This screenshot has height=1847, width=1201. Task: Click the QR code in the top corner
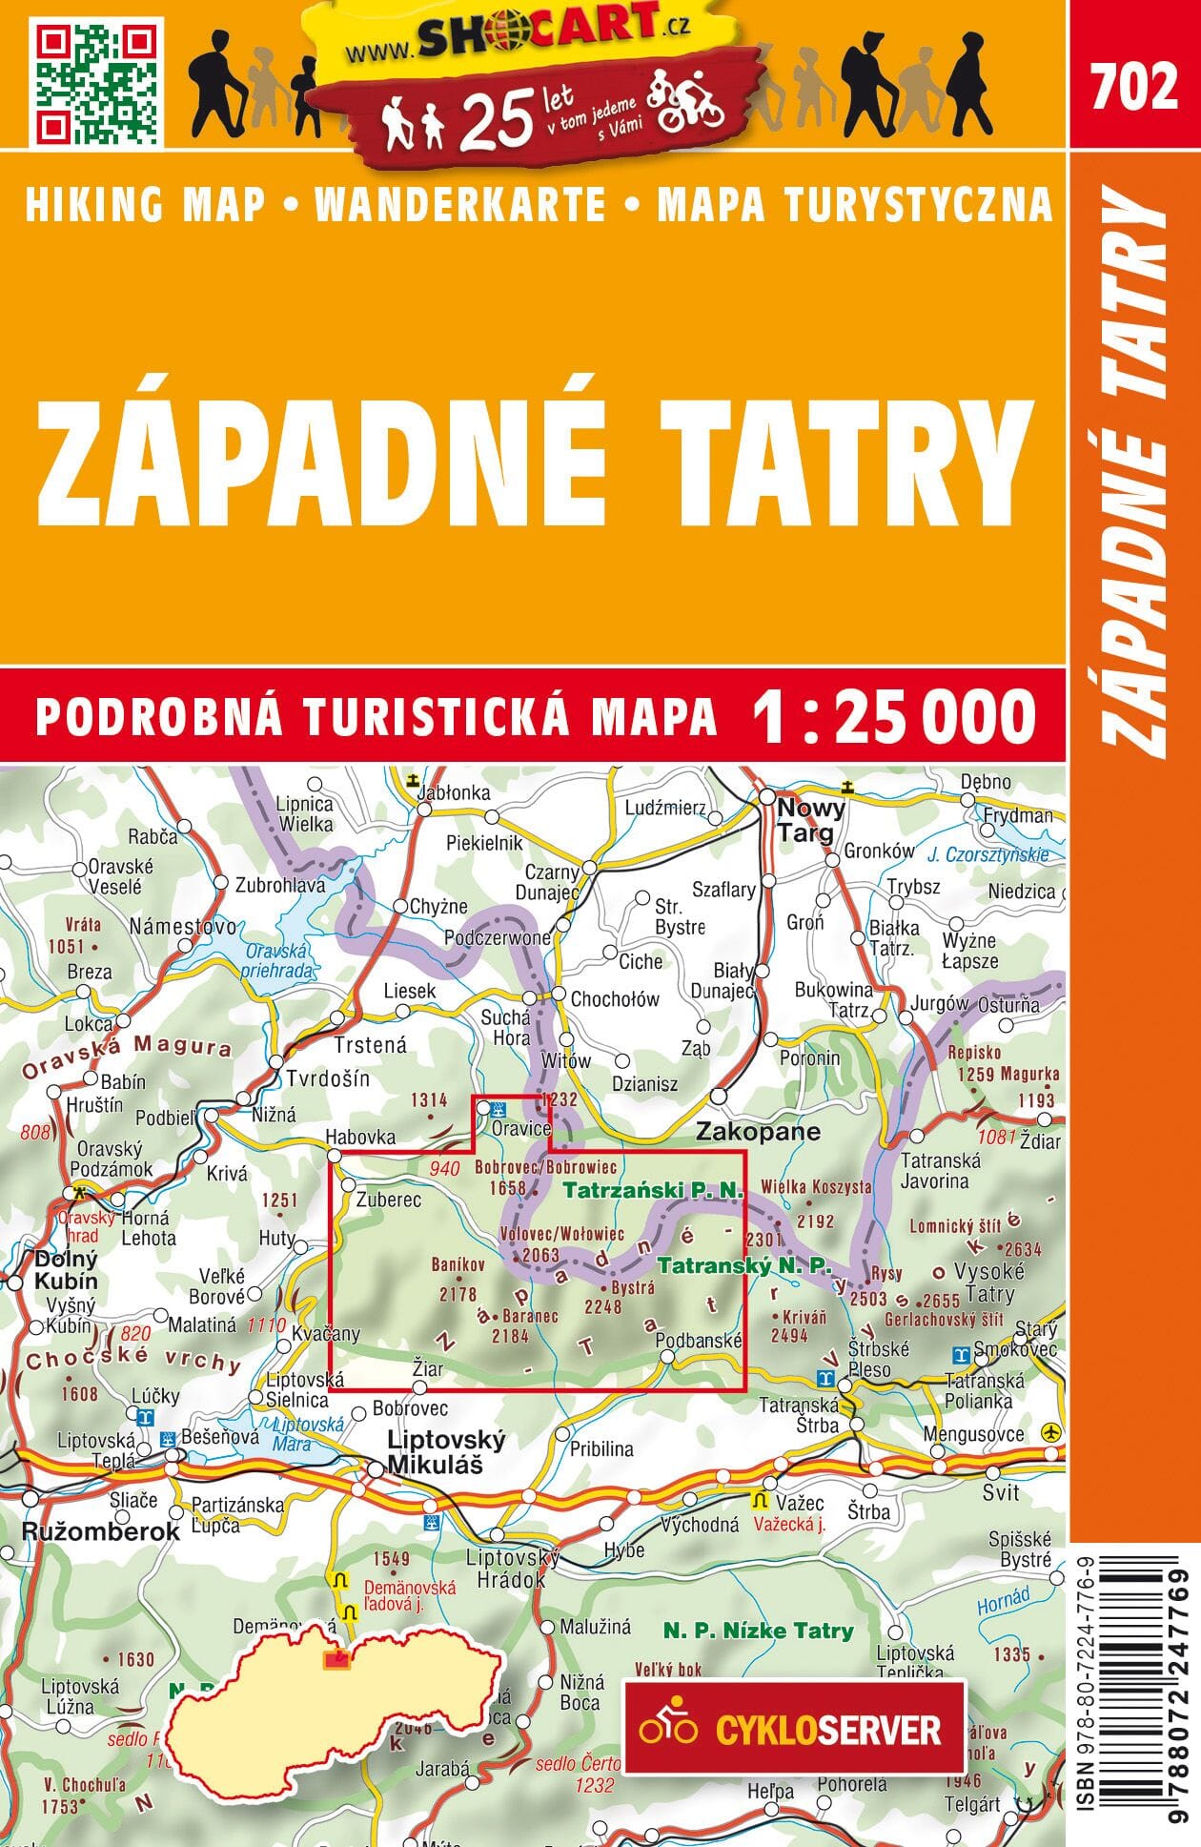[95, 81]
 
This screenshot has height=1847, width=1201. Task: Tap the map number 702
[1134, 89]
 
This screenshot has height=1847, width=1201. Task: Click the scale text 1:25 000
[893, 716]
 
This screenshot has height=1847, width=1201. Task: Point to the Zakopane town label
[758, 1132]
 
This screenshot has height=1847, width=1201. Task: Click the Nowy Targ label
[810, 821]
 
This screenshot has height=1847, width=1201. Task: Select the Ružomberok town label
[100, 1531]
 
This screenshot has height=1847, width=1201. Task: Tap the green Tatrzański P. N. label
[652, 1190]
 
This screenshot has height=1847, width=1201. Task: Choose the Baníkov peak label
[458, 1264]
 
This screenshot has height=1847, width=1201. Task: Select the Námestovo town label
[183, 926]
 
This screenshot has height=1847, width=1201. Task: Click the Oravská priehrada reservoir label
[278, 960]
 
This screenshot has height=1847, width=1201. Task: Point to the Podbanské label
[699, 1340]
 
